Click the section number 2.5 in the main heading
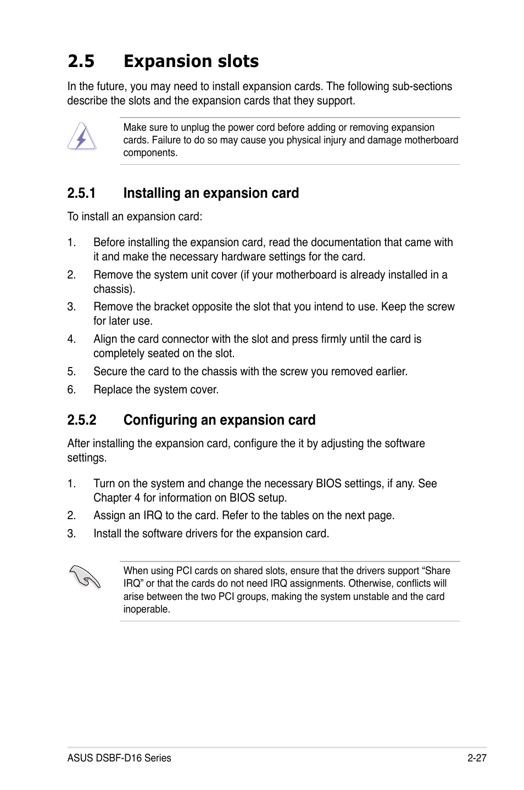click(x=81, y=61)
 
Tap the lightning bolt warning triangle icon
click(x=82, y=137)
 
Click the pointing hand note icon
click(x=85, y=577)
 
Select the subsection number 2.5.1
click(x=81, y=193)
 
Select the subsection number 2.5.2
click(x=81, y=420)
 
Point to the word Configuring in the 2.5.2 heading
click(x=160, y=420)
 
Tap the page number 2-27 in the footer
click(x=477, y=758)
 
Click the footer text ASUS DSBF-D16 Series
click(x=119, y=758)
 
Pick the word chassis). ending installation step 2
click(x=114, y=289)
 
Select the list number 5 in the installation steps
click(x=71, y=371)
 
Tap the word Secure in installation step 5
click(x=110, y=371)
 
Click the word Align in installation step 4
click(x=105, y=339)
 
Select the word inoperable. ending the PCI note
click(x=147, y=609)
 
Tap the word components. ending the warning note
click(x=150, y=153)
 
